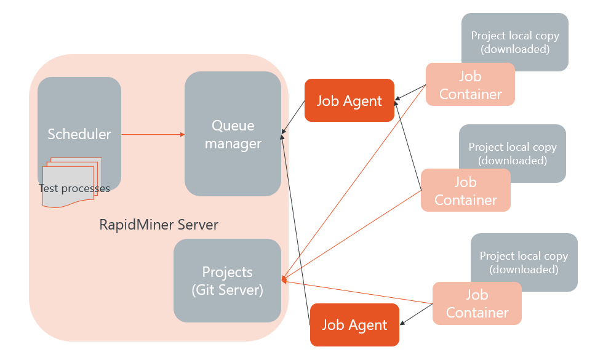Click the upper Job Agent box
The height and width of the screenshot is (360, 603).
349,101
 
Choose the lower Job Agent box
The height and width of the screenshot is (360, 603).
354,325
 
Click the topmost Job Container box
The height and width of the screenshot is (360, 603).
470,85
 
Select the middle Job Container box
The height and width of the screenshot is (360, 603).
465,191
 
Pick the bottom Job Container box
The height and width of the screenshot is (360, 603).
477,304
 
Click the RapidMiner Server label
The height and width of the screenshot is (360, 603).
159,225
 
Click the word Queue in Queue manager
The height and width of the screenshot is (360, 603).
233,126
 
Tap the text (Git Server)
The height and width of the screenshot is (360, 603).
227,289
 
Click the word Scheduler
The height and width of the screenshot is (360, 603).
79,134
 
